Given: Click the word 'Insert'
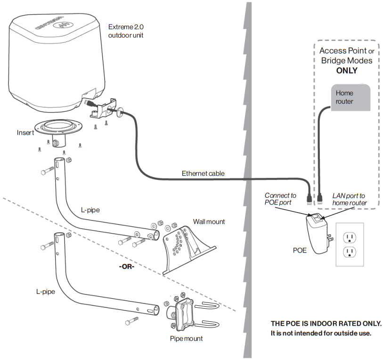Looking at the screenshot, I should pyautogui.click(x=25, y=133).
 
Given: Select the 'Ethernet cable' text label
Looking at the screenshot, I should pyautogui.click(x=203, y=173).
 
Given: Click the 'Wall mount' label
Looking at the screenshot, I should pyautogui.click(x=209, y=221).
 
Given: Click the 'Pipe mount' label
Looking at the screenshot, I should pyautogui.click(x=187, y=338).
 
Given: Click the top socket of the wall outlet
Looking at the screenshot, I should pyautogui.click(x=349, y=235).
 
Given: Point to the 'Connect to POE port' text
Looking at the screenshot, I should pyautogui.click(x=280, y=199).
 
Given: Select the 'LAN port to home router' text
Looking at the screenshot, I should pyautogui.click(x=349, y=199).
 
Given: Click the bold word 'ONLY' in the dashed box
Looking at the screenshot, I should pyautogui.click(x=346, y=71).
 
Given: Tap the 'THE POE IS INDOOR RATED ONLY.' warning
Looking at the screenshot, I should pyautogui.click(x=326, y=324).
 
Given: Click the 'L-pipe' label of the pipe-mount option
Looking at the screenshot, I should pyautogui.click(x=46, y=292).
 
